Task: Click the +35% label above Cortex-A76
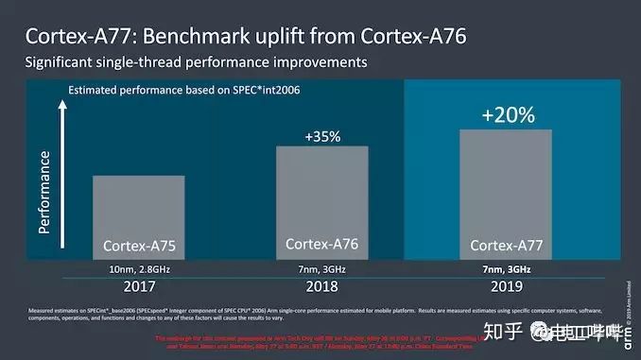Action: pyautogui.click(x=321, y=136)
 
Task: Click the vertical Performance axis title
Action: pyautogui.click(x=43, y=189)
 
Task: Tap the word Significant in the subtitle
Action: pyautogui.click(x=65, y=63)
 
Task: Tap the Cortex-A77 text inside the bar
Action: pyautogui.click(x=507, y=246)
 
